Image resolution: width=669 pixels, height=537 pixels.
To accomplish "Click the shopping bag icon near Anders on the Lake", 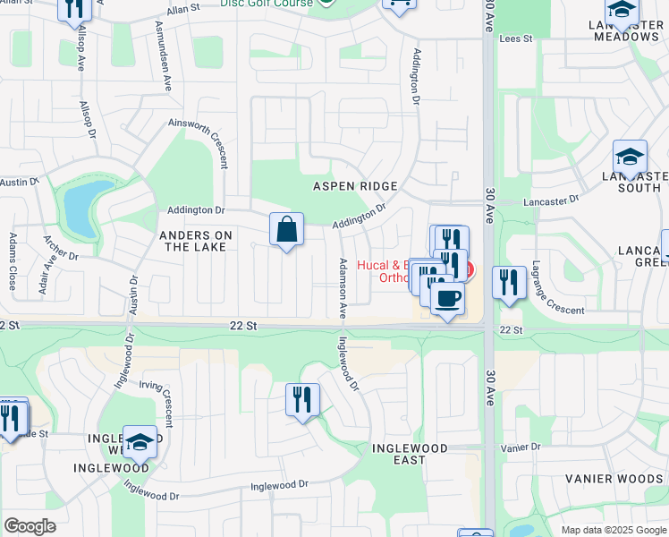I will pyautogui.click(x=286, y=230).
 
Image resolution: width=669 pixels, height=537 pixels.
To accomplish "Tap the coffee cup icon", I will pyautogui.click(x=447, y=297).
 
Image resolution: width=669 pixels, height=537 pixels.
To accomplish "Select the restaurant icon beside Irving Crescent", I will pyautogui.click(x=303, y=398).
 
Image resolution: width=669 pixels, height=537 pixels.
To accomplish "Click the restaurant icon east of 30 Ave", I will pyautogui.click(x=509, y=282).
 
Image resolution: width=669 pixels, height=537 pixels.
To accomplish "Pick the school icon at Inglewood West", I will pyautogui.click(x=140, y=441).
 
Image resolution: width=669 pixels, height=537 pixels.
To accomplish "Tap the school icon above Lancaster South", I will pyautogui.click(x=630, y=156).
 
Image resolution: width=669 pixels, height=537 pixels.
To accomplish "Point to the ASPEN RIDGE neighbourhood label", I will pyautogui.click(x=354, y=186).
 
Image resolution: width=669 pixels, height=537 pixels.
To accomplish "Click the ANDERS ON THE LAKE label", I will pyautogui.click(x=195, y=241).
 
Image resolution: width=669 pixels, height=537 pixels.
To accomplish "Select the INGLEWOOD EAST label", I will pyautogui.click(x=398, y=453).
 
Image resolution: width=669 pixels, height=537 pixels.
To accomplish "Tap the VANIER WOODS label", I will pyautogui.click(x=613, y=479).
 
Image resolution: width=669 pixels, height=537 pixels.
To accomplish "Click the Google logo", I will pyautogui.click(x=30, y=526).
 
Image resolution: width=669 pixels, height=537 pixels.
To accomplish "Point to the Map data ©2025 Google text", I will pyautogui.click(x=613, y=530).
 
